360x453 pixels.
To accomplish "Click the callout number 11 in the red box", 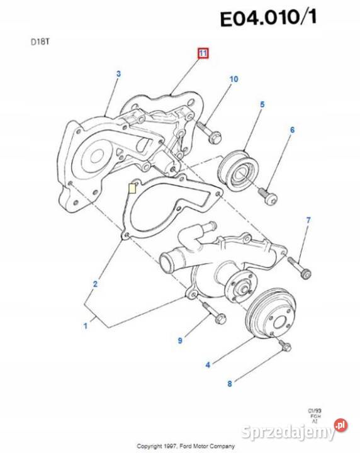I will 203,54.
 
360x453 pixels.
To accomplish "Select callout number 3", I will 118,75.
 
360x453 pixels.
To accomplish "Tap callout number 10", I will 233,79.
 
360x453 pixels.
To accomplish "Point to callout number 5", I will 262,104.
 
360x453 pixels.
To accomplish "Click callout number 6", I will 292,130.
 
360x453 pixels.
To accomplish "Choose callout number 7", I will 308,220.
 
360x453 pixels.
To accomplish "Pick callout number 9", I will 180,340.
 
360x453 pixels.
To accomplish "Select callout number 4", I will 208,363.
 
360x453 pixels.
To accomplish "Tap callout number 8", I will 230,383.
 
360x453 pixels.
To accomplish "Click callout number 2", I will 96,284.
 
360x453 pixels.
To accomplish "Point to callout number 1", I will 86,325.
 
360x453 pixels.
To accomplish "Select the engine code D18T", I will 39,43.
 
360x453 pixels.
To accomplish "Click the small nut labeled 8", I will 283,345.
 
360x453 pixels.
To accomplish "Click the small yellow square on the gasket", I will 132,187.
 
